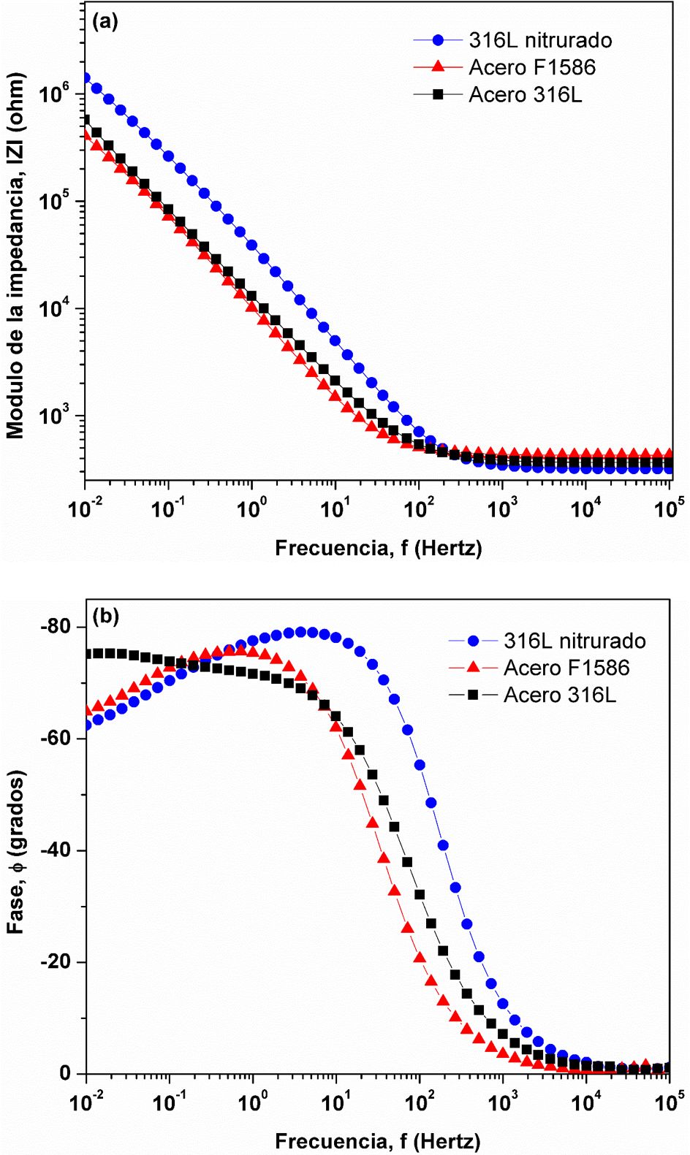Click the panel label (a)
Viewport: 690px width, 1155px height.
click(105, 21)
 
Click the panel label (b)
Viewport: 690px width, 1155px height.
click(105, 616)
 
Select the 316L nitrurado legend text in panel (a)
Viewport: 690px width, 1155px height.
click(540, 40)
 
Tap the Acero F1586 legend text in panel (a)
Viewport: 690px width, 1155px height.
click(532, 67)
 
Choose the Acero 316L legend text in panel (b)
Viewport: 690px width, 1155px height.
click(559, 695)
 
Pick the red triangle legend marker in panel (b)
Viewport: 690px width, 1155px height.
click(473, 668)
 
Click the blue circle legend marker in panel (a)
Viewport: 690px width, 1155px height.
click(438, 40)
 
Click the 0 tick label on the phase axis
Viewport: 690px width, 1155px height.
click(66, 1073)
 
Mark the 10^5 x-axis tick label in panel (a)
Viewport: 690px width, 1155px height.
click(668, 507)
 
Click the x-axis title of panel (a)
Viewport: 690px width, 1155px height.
click(378, 548)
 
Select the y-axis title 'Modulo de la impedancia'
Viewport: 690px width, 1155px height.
click(16, 256)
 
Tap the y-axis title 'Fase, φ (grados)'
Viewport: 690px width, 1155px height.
click(16, 851)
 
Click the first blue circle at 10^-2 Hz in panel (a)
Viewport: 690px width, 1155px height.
click(86, 77)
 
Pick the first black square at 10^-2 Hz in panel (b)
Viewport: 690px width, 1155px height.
click(88, 654)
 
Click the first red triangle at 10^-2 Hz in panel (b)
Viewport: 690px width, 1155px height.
click(87, 710)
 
